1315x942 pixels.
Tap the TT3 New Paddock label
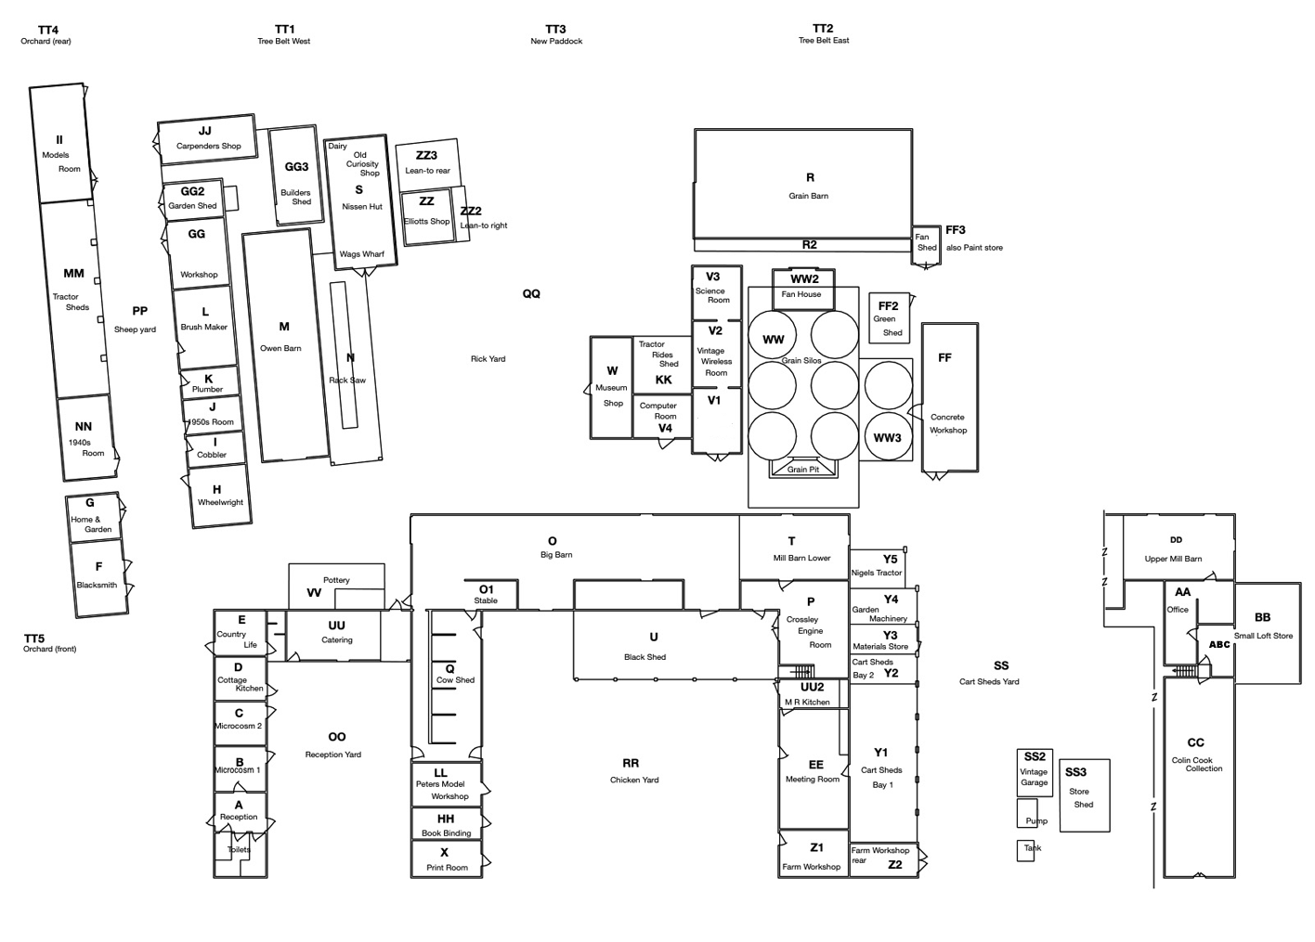click(x=555, y=34)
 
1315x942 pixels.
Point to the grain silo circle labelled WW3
click(x=888, y=437)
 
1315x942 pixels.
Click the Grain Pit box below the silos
click(x=803, y=469)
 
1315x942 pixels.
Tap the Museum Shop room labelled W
click(x=611, y=387)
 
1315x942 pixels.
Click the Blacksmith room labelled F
click(x=99, y=576)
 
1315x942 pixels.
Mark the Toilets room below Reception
click(x=239, y=850)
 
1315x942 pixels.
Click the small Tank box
click(x=1025, y=850)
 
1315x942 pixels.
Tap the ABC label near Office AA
click(x=1219, y=644)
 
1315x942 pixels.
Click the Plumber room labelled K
click(x=209, y=381)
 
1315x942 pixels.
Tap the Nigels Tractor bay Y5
click(x=877, y=565)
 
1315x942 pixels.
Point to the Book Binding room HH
click(x=446, y=824)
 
